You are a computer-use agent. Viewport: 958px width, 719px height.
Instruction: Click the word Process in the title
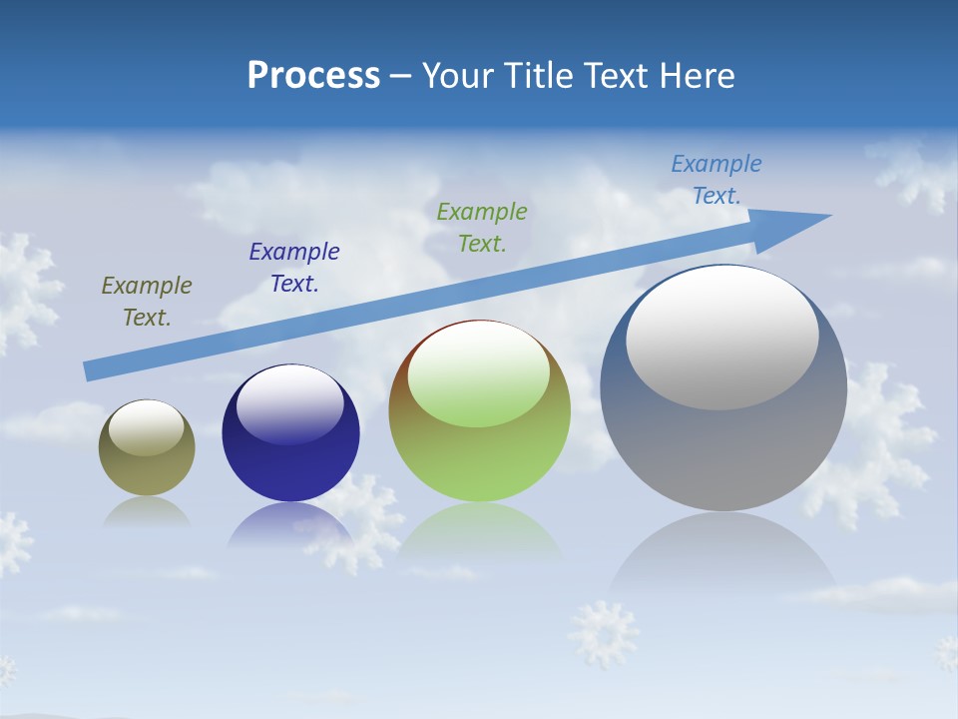tap(313, 76)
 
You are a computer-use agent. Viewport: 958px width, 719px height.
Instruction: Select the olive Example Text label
tap(147, 302)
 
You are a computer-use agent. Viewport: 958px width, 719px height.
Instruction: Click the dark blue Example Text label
tap(294, 268)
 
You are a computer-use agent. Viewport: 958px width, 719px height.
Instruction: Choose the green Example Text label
tap(482, 228)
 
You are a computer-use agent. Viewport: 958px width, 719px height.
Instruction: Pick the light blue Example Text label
tap(717, 180)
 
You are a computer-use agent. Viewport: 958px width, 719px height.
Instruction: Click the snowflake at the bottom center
tap(603, 632)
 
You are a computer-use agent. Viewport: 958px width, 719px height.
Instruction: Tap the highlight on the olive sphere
tap(146, 427)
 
